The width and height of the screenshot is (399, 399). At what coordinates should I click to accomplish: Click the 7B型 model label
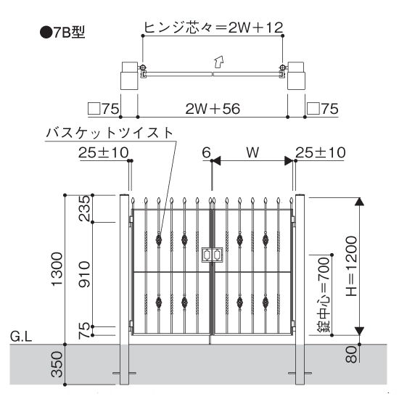[x=62, y=33]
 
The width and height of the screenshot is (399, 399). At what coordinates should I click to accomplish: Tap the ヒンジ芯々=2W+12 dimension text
[x=213, y=28]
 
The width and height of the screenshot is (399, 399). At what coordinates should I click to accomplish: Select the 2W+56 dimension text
[x=213, y=109]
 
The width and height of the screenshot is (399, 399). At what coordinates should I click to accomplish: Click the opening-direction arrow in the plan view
[x=218, y=62]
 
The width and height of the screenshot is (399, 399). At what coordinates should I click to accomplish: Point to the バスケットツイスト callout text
[x=110, y=133]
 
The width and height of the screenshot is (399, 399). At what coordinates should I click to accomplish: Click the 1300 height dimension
[x=57, y=269]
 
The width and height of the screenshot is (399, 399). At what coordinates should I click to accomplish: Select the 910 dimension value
[x=84, y=274]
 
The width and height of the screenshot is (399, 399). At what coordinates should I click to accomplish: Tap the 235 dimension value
[x=84, y=208]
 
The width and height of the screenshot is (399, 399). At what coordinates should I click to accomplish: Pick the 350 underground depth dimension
[x=57, y=364]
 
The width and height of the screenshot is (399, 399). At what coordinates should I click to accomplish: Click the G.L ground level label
[x=21, y=337]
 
